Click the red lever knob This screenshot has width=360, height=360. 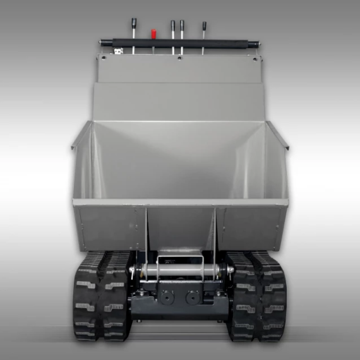pos(153,30)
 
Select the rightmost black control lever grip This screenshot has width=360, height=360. pos(204,27)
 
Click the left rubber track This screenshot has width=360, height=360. pos(102,297)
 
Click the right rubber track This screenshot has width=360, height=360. pos(257,297)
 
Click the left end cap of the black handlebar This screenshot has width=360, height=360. pos(102,44)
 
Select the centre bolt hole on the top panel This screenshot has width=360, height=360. pos(179,59)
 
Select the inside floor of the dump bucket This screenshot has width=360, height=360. pos(179,171)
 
